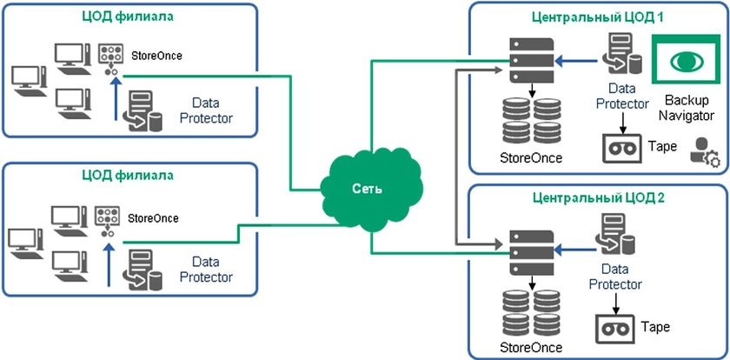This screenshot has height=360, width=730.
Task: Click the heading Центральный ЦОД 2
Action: tap(598, 197)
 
